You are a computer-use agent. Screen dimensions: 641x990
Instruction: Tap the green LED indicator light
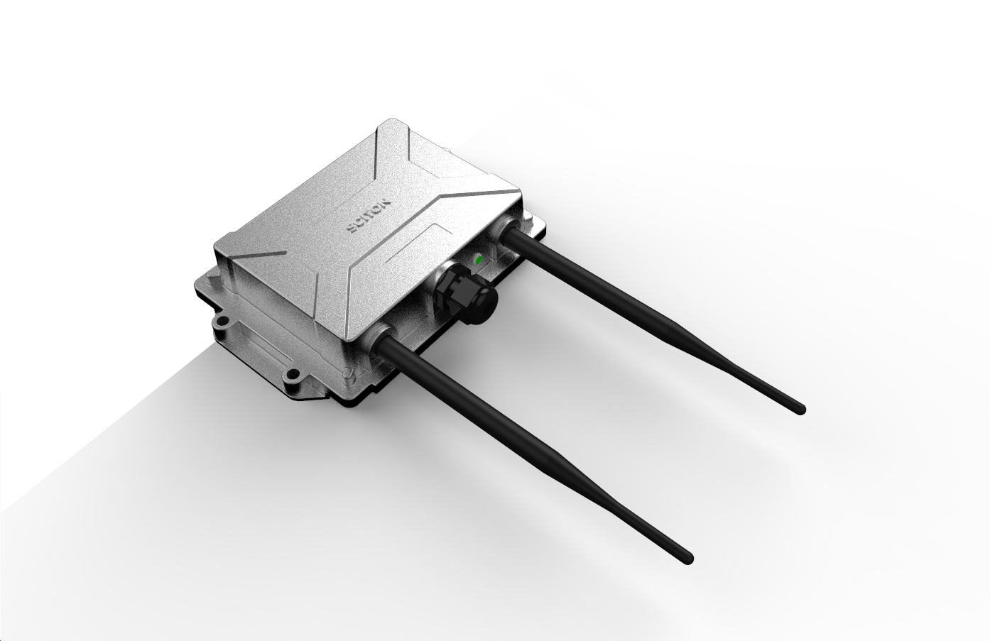click(478, 260)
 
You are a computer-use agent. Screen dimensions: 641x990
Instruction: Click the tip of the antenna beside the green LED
click(801, 409)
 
